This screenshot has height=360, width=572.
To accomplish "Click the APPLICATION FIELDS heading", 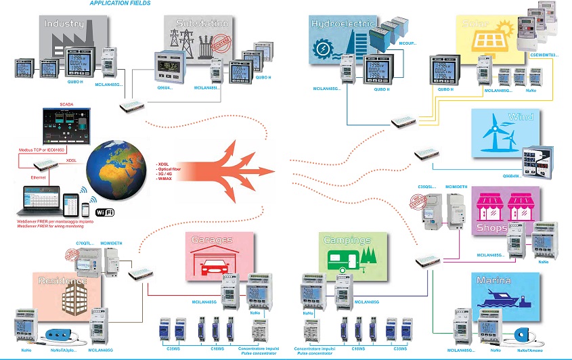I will click(x=120, y=3).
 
